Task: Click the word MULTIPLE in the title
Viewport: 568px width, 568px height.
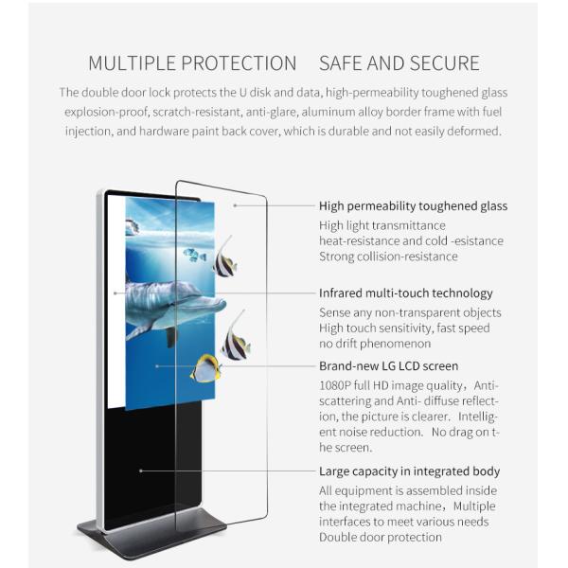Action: (133, 64)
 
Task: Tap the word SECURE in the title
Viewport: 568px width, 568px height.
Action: (446, 64)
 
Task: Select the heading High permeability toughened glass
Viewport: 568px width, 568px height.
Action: (413, 206)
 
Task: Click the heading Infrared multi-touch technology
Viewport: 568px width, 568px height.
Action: (405, 293)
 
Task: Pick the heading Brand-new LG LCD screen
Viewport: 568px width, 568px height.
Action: (388, 365)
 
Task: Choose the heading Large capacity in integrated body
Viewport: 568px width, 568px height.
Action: (409, 471)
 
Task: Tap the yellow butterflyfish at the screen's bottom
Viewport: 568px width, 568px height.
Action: (205, 367)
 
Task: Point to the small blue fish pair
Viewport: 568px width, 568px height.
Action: (195, 255)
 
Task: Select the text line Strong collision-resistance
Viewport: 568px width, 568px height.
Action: (388, 257)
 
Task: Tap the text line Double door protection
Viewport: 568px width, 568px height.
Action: (381, 537)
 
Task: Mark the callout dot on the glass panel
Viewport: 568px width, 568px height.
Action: (234, 205)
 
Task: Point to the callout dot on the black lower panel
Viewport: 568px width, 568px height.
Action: (141, 470)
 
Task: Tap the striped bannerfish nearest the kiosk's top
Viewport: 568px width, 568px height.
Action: (225, 259)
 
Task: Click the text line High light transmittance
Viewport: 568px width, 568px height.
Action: (382, 225)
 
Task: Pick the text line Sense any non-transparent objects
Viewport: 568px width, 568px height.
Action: (410, 312)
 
